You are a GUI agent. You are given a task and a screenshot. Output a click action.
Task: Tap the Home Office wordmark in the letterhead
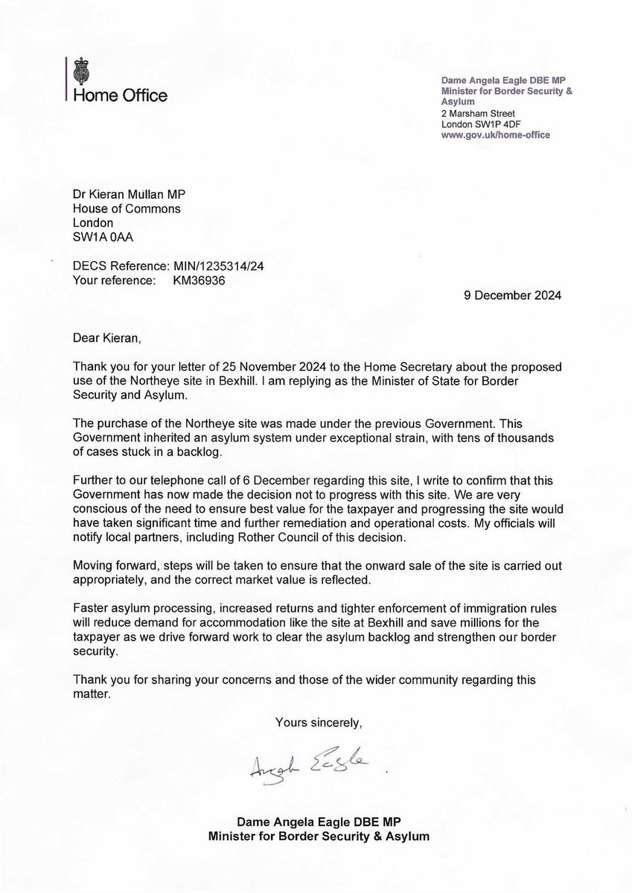point(120,95)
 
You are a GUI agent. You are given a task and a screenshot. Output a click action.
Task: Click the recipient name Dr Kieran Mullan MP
point(129,195)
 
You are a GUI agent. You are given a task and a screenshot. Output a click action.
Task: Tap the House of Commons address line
point(127,209)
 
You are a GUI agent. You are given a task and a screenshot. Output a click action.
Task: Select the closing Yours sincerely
point(319,722)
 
